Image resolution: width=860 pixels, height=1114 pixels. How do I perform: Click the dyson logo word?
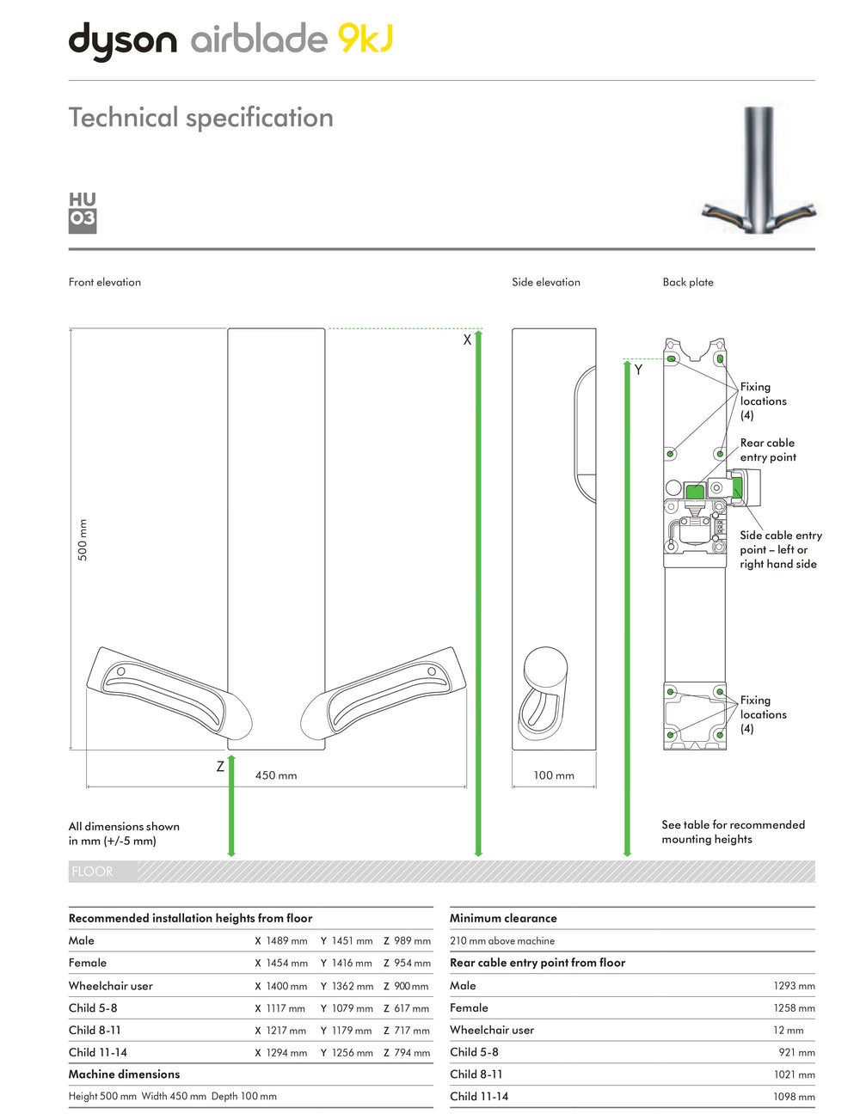pos(123,41)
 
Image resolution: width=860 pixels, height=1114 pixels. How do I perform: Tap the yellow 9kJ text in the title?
pos(365,38)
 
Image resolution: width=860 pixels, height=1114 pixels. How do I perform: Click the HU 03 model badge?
pos(83,213)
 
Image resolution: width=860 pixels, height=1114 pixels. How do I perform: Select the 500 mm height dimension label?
pos(83,539)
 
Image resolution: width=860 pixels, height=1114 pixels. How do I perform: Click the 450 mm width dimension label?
pos(276,775)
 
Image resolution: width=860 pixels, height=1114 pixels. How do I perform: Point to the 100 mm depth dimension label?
pos(553,775)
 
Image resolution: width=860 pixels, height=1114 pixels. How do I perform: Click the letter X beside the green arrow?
pos(467,340)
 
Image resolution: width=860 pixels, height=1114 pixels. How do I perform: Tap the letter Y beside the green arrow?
pos(638,370)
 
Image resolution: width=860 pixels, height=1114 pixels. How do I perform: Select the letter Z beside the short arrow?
pos(220,767)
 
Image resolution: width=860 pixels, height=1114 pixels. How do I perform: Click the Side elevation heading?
pos(545,282)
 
